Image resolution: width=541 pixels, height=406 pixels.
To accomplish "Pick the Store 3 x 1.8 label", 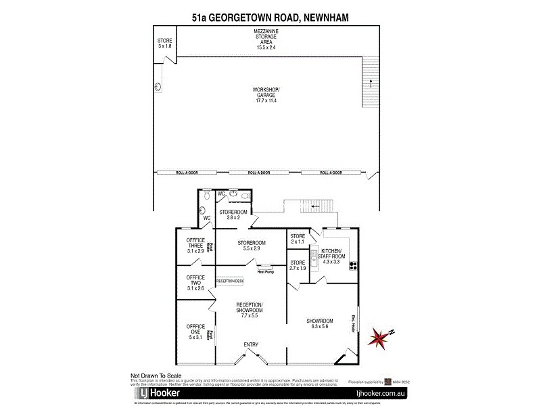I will click(165, 43).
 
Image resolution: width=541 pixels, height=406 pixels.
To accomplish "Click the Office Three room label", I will click(195, 246).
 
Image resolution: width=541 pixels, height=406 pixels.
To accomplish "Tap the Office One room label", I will click(195, 332).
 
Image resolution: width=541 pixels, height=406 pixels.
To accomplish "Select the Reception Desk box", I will click(229, 280).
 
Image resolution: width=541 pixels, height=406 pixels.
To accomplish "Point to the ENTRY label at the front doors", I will click(251, 345).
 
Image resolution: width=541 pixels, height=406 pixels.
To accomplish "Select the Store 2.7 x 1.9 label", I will click(298, 265).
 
